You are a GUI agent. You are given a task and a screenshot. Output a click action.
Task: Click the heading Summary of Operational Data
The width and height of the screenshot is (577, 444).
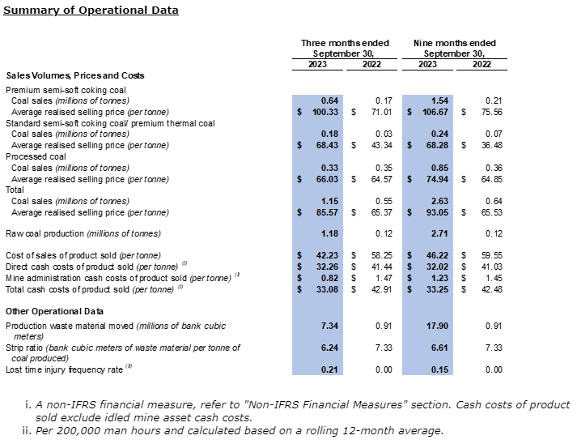[91, 11]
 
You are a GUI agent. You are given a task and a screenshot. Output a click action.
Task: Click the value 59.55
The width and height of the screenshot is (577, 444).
[490, 255]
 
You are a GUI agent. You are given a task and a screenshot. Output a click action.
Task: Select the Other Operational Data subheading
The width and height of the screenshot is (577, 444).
[56, 310]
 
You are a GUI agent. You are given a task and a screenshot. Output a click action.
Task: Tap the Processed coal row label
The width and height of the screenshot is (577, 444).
[35, 156]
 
